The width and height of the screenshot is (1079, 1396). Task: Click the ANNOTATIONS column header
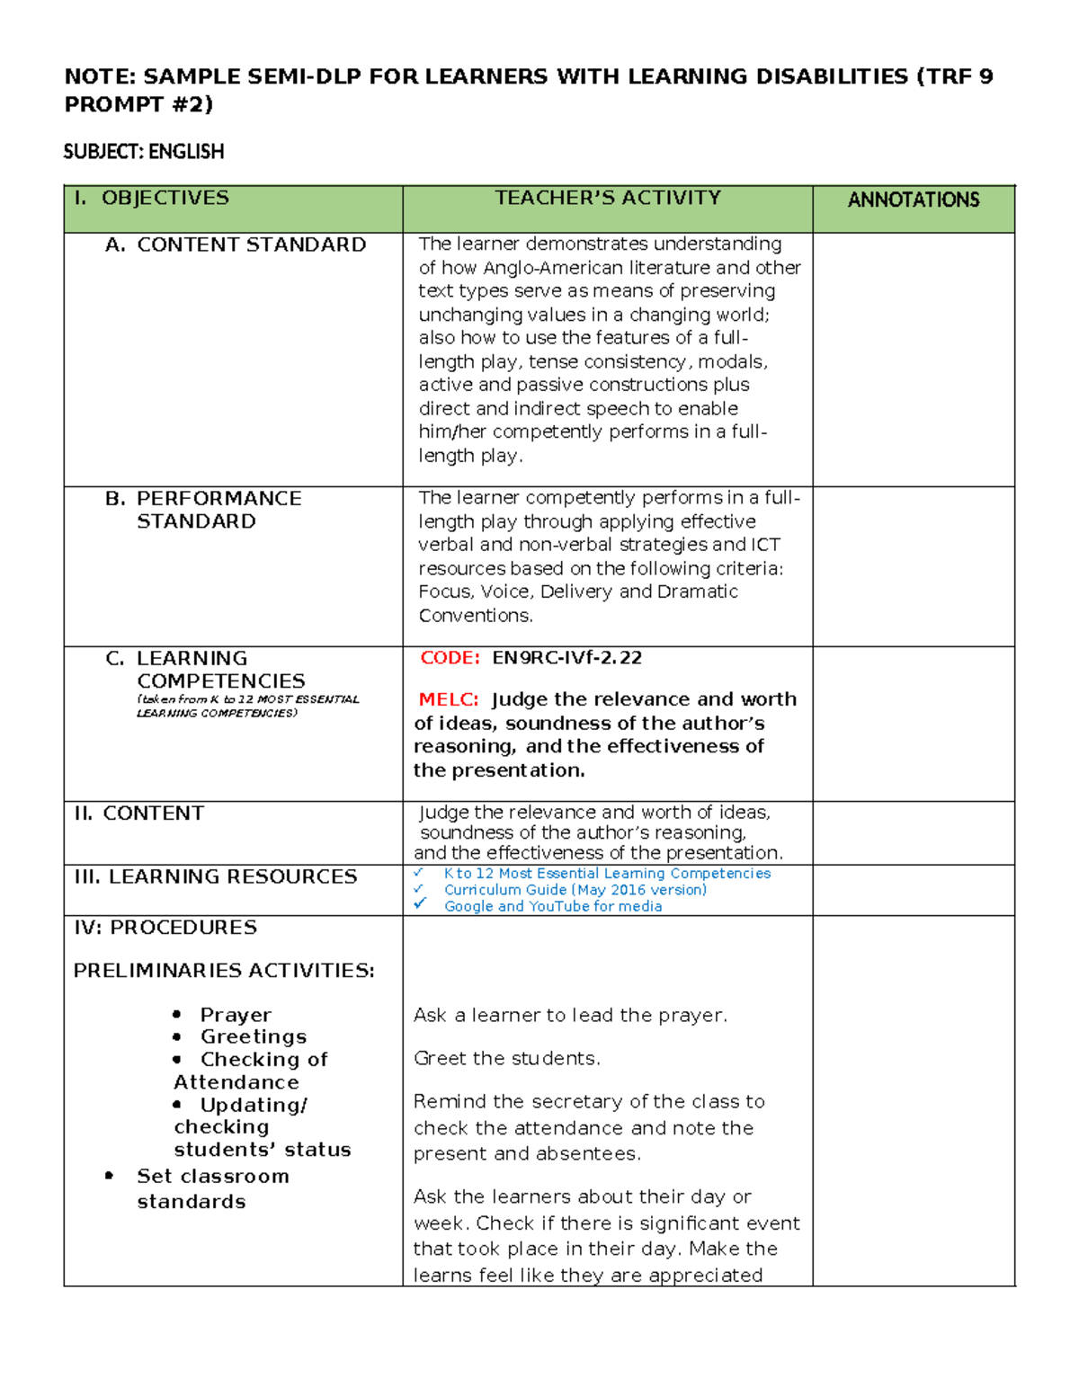tap(913, 200)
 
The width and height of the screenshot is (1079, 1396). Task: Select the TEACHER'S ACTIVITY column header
tap(608, 198)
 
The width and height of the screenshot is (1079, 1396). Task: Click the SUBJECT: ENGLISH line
tap(144, 151)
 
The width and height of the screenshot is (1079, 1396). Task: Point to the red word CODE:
tap(450, 657)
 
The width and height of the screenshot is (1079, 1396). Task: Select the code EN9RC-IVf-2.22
tap(566, 657)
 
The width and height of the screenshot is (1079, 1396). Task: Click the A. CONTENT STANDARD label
tap(236, 245)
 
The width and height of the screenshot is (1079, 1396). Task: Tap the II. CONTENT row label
tap(139, 813)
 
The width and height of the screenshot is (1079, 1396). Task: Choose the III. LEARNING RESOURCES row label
tap(216, 876)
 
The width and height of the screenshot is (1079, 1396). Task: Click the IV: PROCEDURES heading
tap(165, 927)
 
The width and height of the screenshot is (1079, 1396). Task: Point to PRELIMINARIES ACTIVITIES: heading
tap(224, 970)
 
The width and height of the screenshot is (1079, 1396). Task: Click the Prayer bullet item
tap(236, 1015)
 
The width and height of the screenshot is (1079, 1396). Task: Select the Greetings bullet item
tap(254, 1036)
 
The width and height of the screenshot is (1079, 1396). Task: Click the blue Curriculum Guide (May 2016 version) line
tap(575, 889)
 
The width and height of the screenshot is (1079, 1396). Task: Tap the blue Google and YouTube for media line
tap(553, 906)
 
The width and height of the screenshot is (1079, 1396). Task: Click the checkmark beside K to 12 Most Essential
tap(418, 873)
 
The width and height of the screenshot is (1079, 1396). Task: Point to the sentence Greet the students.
tap(506, 1058)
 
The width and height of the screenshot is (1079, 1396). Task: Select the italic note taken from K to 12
tap(247, 706)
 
